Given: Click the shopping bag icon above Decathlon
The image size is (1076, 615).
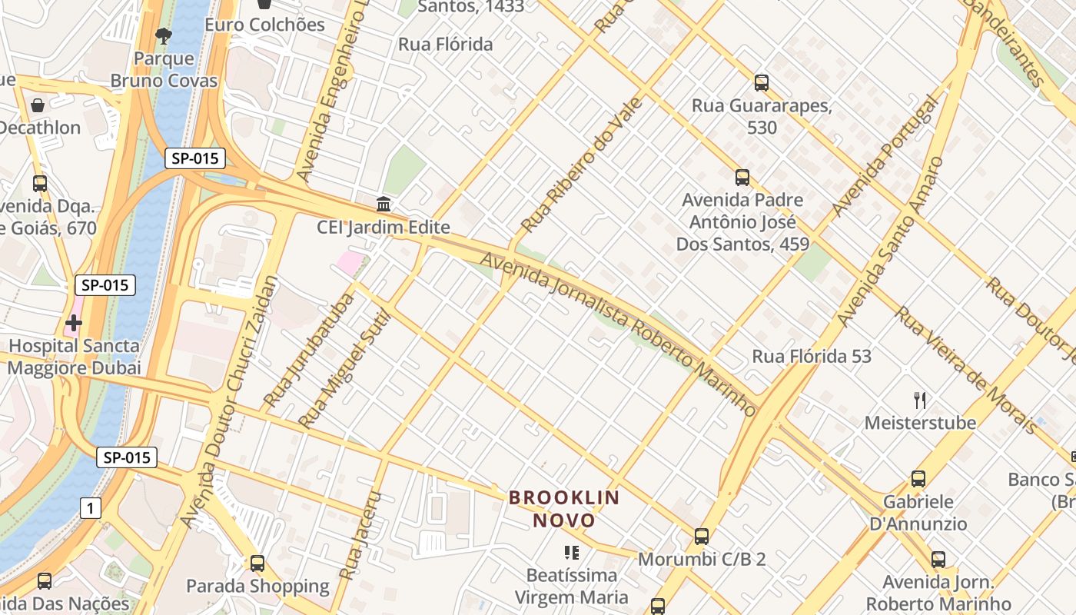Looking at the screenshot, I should coord(37,105).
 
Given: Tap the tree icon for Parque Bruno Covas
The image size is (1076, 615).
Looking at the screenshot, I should coord(164,35).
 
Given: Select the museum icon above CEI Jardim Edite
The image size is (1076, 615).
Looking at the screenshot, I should coord(384,204).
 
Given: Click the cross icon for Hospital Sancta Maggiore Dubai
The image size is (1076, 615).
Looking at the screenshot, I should coord(74,323).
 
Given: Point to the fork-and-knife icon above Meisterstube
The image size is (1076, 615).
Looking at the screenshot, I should coord(920,400).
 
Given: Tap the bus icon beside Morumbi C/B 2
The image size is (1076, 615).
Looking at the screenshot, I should coord(702,537).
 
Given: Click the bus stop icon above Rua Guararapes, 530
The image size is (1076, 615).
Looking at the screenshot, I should coord(762,83).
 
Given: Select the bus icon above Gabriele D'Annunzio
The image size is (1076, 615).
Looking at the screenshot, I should coord(918,479).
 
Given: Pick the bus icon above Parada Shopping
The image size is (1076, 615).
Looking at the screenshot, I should coord(257,563).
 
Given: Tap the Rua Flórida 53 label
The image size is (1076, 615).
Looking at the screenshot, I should coord(812,357).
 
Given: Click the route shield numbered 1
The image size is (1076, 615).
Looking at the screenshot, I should coord(91,507).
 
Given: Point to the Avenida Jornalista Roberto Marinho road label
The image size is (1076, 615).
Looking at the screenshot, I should coord(619,332).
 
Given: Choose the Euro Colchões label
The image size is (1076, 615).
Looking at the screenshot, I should coord(265,25).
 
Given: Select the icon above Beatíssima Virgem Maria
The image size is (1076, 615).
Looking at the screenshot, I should coord(571,553).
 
